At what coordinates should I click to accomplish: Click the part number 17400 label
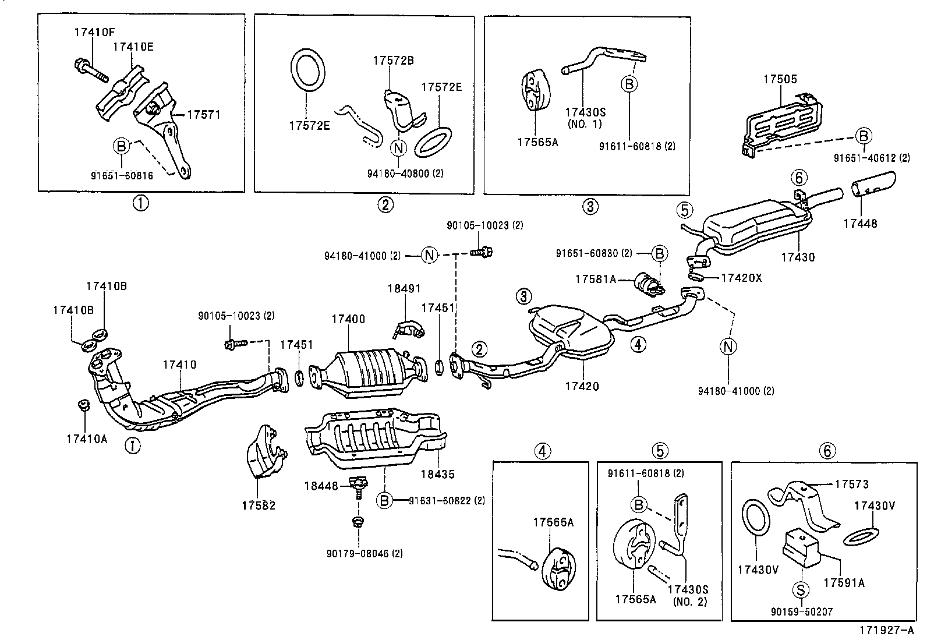tap(348, 319)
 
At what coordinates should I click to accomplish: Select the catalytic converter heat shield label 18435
tap(437, 475)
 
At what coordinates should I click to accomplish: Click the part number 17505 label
tap(780, 79)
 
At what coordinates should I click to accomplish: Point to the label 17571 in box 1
tap(204, 115)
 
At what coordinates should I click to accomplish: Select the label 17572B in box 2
tap(394, 61)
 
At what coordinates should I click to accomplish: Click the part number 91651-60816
tap(122, 175)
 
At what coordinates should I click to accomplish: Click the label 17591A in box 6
tap(844, 582)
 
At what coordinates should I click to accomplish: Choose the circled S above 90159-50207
tap(801, 590)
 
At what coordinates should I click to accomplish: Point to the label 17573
tap(851, 484)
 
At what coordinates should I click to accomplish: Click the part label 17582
tap(259, 505)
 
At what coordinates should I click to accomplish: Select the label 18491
tap(404, 289)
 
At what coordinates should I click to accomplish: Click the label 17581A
tap(596, 280)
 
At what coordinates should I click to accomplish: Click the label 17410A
tap(87, 439)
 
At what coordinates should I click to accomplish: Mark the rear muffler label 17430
tap(798, 257)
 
